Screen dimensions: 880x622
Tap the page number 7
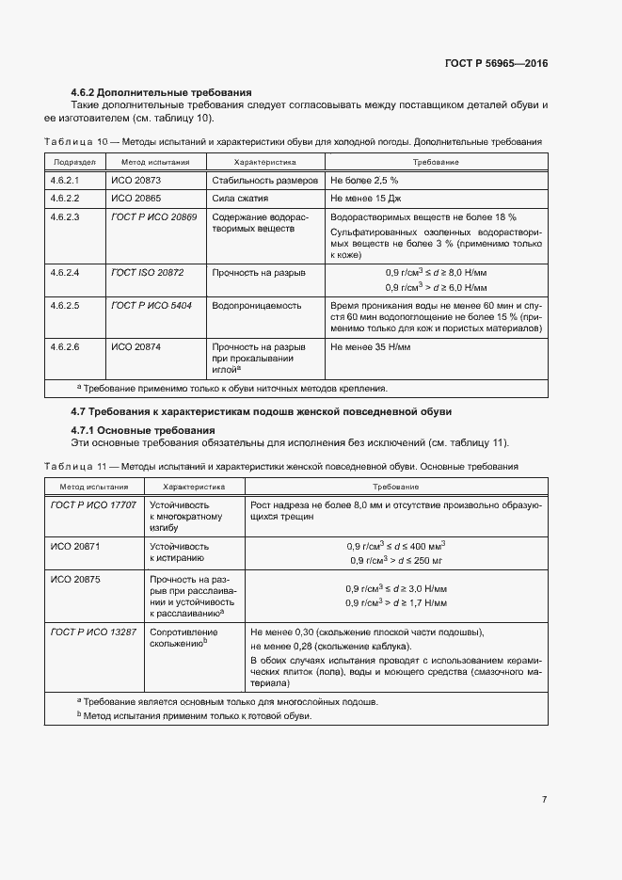544,799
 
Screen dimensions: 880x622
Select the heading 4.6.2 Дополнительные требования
161,92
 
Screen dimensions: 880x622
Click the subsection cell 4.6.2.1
64,179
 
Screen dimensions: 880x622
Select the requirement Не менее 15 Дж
365,199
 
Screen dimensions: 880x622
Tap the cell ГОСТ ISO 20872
148,272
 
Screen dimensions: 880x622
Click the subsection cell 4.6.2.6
64,346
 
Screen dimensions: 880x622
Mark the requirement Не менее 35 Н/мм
370,346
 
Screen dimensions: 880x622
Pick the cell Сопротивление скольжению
184,637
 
